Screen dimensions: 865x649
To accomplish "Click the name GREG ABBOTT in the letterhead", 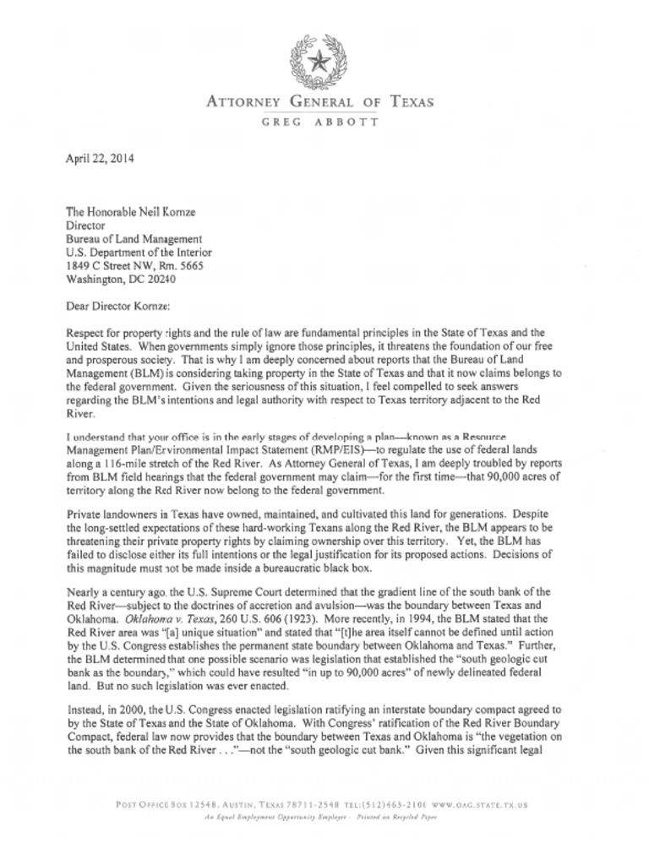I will pyautogui.click(x=320, y=122).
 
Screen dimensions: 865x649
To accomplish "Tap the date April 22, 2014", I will pyautogui.click(x=99, y=157).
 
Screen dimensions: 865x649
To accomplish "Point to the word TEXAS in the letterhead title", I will pyautogui.click(x=412, y=103).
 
